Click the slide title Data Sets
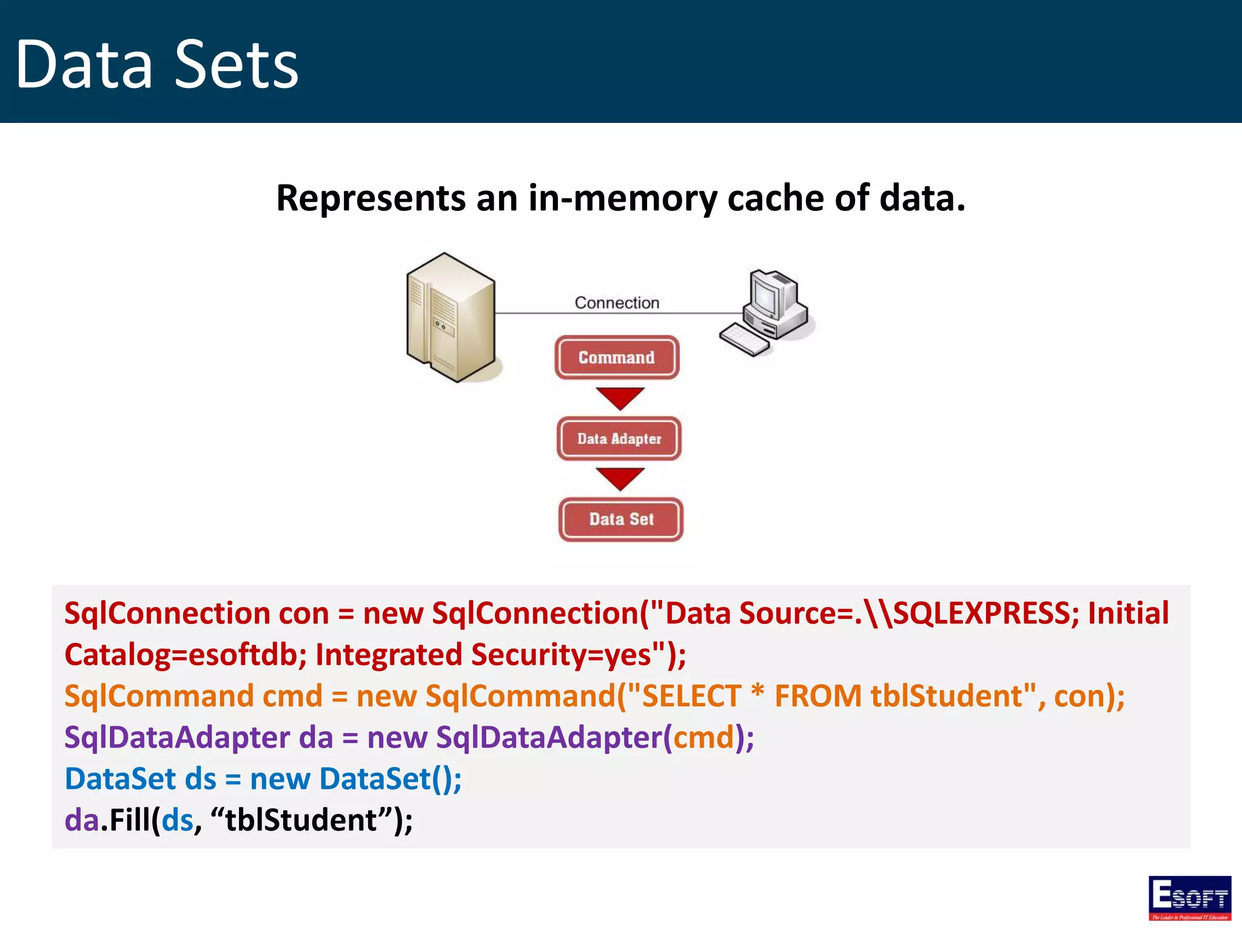[156, 64]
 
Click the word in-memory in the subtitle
[622, 198]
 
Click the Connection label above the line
[617, 302]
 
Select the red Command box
[617, 358]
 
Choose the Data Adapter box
[619, 439]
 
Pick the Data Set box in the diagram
[621, 519]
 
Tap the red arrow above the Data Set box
[620, 478]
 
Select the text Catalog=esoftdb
[185, 655]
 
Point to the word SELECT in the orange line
[691, 696]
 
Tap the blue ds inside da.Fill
[177, 821]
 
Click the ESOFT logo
[1189, 898]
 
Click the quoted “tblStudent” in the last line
[301, 821]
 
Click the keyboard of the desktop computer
[744, 340]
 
